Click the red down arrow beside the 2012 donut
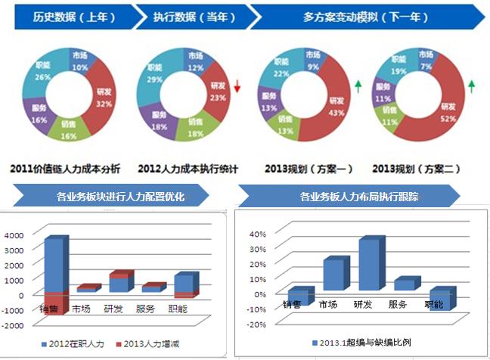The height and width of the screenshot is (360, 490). [237, 87]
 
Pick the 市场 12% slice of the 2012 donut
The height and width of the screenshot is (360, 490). [195, 62]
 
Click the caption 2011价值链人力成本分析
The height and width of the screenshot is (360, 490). [68, 169]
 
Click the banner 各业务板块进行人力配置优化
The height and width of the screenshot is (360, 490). [121, 197]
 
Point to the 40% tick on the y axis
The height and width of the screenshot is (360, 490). [256, 234]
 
